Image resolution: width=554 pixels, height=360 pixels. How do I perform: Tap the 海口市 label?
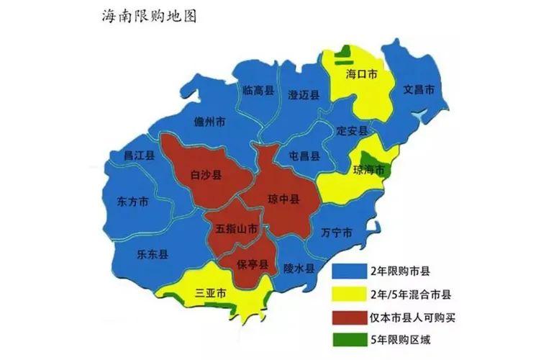[x=361, y=74]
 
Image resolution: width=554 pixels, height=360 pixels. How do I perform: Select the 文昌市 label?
[x=419, y=90]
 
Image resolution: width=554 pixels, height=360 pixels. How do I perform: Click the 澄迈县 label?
[x=304, y=94]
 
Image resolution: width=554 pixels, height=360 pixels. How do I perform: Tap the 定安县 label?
[x=353, y=131]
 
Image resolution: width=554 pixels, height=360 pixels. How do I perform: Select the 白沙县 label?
[x=206, y=174]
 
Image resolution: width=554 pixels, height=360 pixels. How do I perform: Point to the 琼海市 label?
[x=369, y=170]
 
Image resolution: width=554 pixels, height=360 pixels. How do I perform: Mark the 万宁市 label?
[x=337, y=233]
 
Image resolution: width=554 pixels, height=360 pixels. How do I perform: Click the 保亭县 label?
[x=253, y=264]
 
